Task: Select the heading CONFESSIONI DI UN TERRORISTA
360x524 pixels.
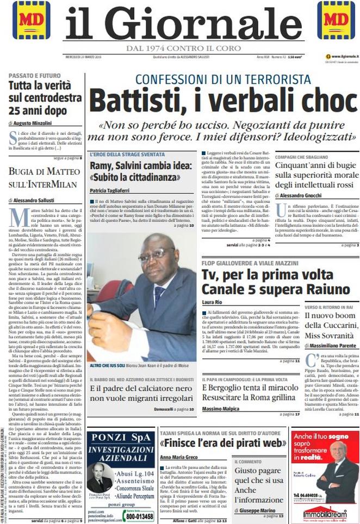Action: (223, 79)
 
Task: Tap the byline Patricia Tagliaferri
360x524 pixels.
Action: (113, 191)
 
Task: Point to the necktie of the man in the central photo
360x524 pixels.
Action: (159, 296)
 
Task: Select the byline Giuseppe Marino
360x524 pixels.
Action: (258, 511)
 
